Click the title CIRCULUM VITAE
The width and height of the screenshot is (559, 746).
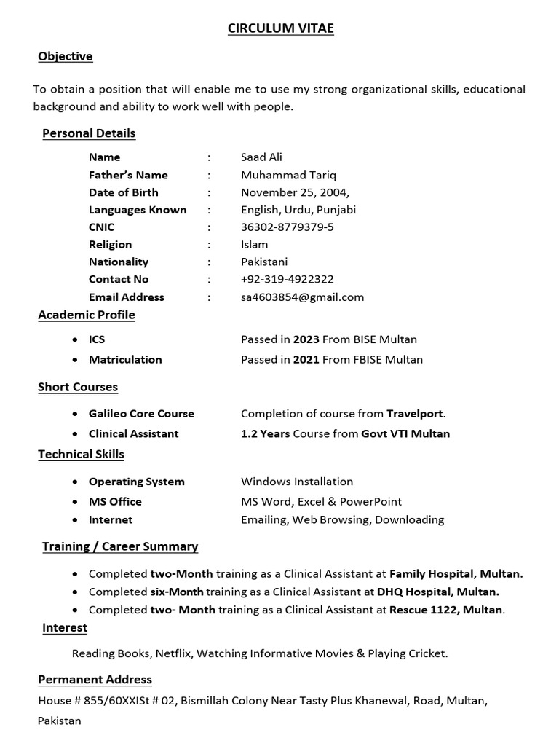pyautogui.click(x=280, y=28)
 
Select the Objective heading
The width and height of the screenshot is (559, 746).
pyautogui.click(x=66, y=56)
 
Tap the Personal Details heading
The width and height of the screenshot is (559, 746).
pyautogui.click(x=89, y=133)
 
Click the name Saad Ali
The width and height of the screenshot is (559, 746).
pyautogui.click(x=261, y=157)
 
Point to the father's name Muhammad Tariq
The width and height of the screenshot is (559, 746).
pyautogui.click(x=288, y=175)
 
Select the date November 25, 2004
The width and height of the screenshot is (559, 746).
pyautogui.click(x=295, y=192)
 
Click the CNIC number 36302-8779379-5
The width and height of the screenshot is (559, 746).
pyautogui.click(x=288, y=227)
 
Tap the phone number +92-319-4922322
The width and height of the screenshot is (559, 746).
pyautogui.click(x=287, y=279)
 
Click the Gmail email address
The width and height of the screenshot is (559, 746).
pyautogui.click(x=302, y=297)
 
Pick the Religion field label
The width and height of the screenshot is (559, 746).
pyautogui.click(x=110, y=245)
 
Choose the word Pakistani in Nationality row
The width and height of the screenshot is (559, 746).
pyautogui.click(x=264, y=262)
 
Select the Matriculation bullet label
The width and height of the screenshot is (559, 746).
pyautogui.click(x=125, y=359)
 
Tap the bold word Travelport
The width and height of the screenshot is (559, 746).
pyautogui.click(x=414, y=414)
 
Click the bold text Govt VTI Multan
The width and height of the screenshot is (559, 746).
pyautogui.click(x=405, y=433)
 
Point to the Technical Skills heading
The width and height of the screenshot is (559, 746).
pyautogui.click(x=81, y=454)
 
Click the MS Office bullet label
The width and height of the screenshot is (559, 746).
pyautogui.click(x=115, y=502)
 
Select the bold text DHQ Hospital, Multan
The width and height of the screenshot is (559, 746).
pyautogui.click(x=437, y=592)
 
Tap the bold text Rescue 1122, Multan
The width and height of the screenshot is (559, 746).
pyautogui.click(x=446, y=610)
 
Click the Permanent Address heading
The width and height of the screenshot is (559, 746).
pyautogui.click(x=95, y=679)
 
